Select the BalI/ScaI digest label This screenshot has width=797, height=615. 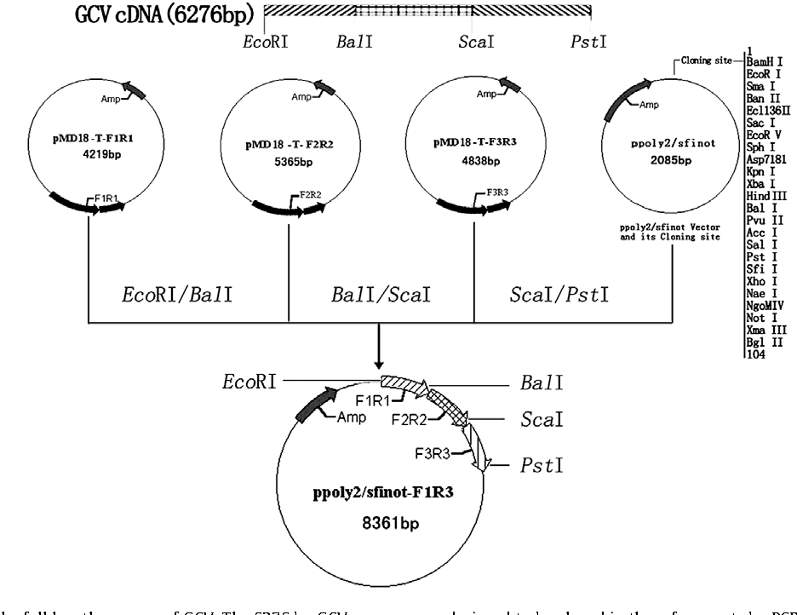point(381,296)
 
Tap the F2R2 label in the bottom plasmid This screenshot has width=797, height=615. point(408,419)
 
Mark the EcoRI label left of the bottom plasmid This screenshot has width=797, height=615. point(250,381)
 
